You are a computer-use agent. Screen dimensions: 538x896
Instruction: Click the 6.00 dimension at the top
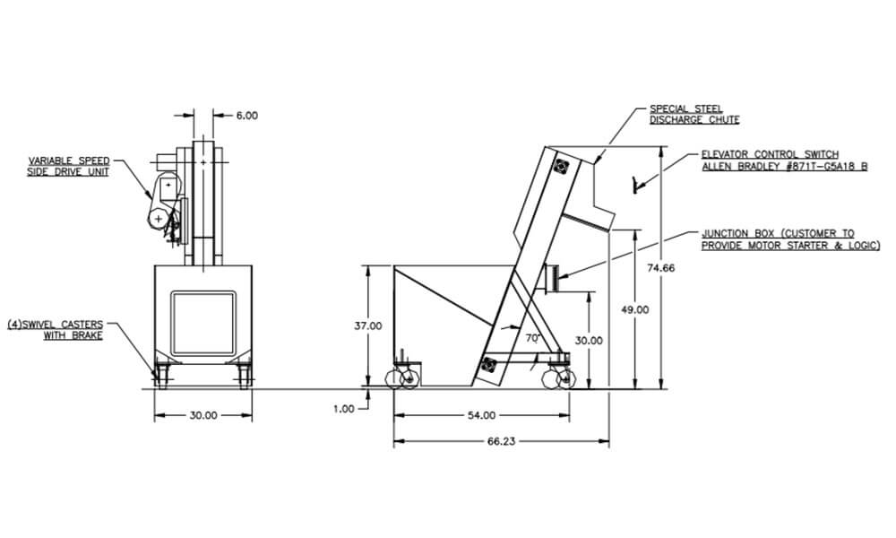247,116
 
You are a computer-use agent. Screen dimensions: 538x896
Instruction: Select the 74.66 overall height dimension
661,268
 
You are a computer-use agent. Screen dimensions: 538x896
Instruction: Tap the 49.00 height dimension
635,309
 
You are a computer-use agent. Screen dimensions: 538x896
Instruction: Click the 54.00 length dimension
481,415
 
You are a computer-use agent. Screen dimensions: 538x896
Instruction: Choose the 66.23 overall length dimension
502,441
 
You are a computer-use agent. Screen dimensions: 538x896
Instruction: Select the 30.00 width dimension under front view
203,415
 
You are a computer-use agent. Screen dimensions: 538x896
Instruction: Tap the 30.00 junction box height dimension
589,341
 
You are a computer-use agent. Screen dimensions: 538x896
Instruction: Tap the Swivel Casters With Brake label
56,328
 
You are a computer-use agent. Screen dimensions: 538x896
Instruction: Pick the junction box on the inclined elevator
550,278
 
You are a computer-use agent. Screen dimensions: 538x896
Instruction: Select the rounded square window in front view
203,322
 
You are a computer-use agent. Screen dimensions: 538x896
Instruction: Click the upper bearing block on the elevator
561,168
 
